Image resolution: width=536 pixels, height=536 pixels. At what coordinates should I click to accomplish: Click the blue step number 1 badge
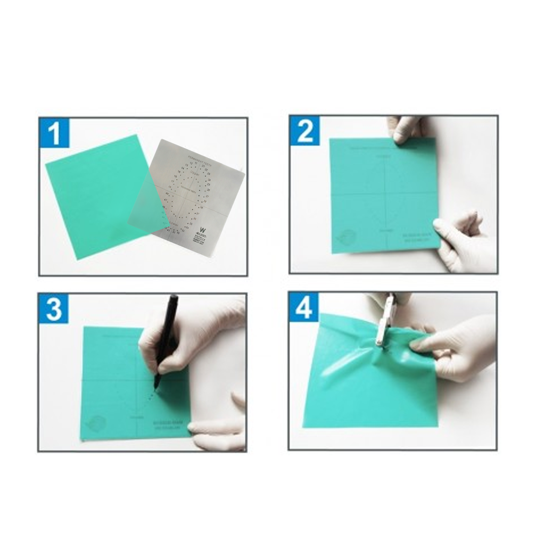click(55, 134)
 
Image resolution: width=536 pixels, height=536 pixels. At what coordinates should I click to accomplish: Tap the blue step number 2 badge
click(305, 131)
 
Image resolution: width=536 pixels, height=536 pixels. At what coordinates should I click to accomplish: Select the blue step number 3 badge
click(54, 308)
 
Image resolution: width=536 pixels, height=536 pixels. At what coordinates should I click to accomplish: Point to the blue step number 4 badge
click(304, 307)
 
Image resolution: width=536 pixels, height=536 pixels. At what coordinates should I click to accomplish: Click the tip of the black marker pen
click(155, 388)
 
